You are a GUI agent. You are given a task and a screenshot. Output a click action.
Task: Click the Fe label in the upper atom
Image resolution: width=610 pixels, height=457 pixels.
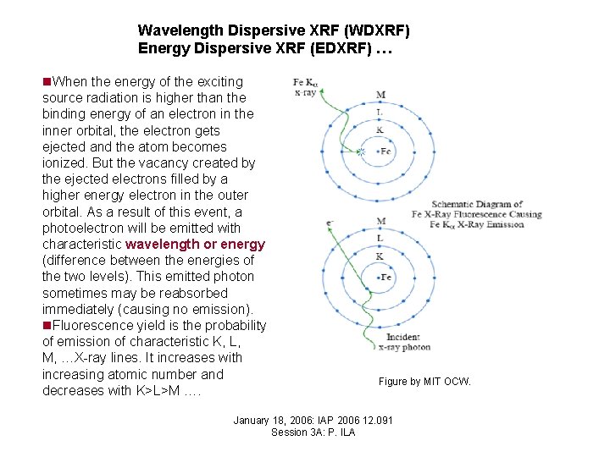click(386, 151)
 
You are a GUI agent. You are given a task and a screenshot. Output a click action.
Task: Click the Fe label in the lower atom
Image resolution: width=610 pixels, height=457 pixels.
click(386, 278)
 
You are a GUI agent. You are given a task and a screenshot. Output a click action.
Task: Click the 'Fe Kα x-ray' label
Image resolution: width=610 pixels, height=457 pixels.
click(304, 87)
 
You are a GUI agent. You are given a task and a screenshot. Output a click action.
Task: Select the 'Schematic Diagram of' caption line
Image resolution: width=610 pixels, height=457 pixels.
click(476, 204)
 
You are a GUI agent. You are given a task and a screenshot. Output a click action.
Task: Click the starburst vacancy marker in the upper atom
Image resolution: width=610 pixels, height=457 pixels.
click(362, 152)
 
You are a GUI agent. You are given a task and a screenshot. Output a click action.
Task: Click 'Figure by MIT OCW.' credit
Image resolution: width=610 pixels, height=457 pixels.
click(424, 382)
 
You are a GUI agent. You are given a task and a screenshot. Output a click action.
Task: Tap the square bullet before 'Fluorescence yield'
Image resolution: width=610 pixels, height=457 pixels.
click(47, 326)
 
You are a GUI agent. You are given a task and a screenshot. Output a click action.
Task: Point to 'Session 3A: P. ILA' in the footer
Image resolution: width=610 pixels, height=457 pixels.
click(313, 432)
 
